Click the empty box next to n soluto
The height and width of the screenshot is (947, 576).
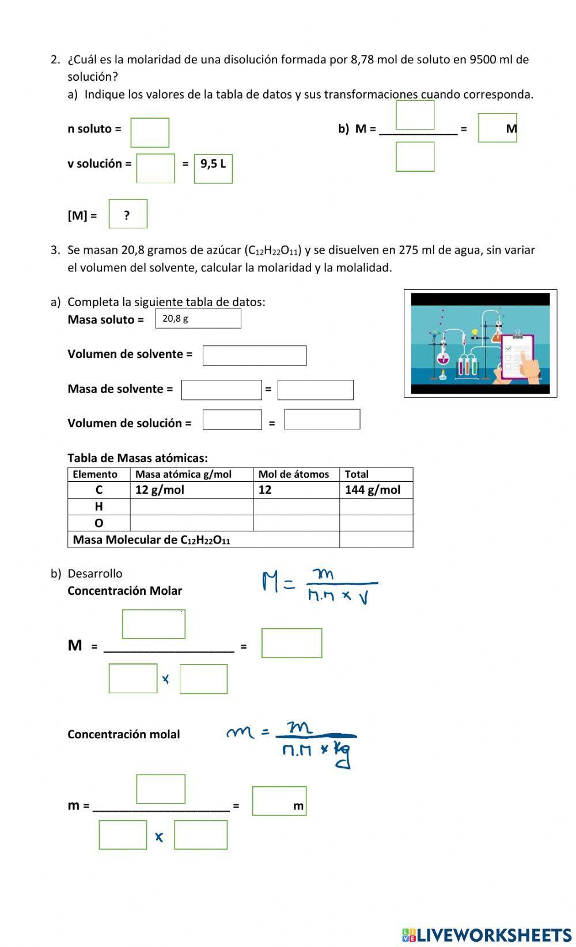tap(150, 133)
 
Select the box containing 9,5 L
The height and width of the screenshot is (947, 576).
tap(213, 168)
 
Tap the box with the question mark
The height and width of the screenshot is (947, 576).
tap(128, 214)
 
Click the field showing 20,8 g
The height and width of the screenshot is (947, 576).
tap(198, 318)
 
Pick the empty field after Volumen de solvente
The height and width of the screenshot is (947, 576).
tap(254, 356)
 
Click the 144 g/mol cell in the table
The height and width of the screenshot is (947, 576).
tap(376, 490)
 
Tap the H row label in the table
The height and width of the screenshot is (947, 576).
tap(99, 507)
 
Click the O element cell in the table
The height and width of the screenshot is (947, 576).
tap(99, 523)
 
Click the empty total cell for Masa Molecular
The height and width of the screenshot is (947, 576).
tap(376, 539)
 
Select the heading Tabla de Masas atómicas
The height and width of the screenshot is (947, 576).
tap(138, 458)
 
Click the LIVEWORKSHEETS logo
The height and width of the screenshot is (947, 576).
tap(487, 935)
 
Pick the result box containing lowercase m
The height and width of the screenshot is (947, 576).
tap(279, 801)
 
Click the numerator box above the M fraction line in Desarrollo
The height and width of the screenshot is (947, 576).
tap(154, 624)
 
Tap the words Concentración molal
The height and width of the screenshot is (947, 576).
tap(124, 734)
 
